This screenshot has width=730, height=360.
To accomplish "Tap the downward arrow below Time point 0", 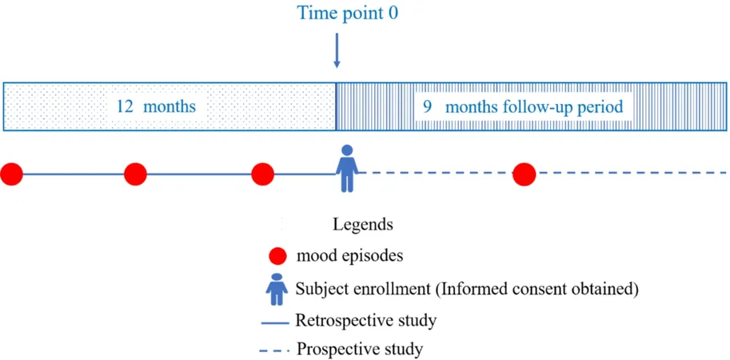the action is (x=337, y=50).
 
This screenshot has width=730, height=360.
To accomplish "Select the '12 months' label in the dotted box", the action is (x=157, y=106).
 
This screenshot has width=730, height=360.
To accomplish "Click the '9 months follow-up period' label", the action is (x=522, y=107).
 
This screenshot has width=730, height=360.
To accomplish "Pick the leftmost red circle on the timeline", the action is (x=11, y=174).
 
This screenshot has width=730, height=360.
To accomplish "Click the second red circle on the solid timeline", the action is (x=135, y=174).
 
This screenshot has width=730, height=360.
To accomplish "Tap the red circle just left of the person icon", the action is (x=262, y=174).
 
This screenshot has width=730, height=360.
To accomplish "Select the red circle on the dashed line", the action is (x=525, y=174).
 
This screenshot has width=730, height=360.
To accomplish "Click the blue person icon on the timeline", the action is (x=347, y=169).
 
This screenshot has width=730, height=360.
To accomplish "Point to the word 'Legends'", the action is (x=363, y=226).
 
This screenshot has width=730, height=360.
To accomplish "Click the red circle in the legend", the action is (x=278, y=256).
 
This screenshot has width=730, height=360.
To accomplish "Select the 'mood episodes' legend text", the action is (x=349, y=257).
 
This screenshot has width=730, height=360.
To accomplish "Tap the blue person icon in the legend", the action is (x=277, y=290).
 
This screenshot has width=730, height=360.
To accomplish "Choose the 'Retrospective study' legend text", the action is (x=365, y=321).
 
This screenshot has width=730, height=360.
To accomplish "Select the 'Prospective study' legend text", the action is (x=361, y=348).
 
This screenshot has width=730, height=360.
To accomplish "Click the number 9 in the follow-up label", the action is (x=426, y=107).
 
